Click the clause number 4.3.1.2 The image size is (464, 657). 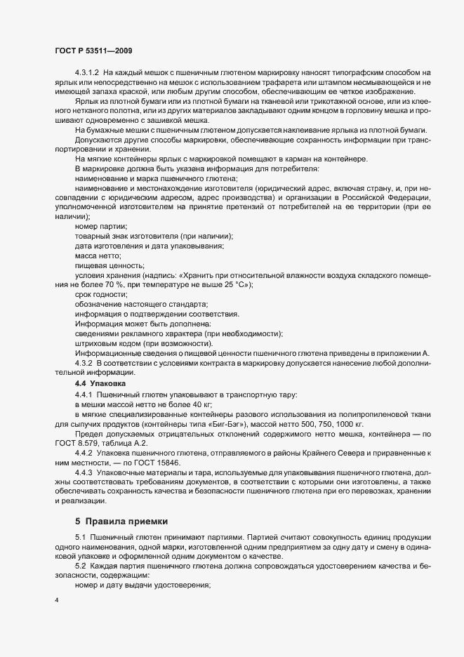(88, 74)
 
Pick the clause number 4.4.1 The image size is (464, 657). (84, 395)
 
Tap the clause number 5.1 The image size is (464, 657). (80, 538)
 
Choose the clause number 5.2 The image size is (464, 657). (80, 565)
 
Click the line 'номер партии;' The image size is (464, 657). (101, 226)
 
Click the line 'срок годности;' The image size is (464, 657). (101, 295)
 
